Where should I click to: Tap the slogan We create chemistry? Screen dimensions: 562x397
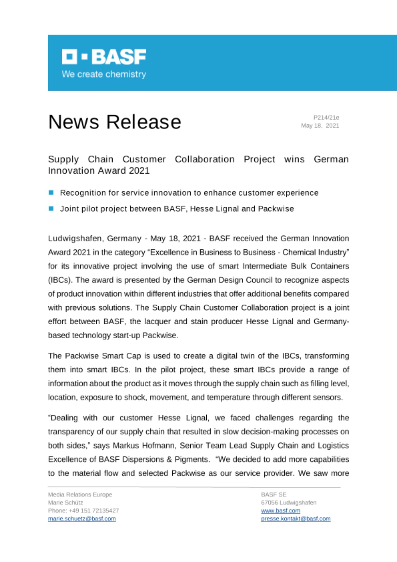pyautogui.click(x=104, y=74)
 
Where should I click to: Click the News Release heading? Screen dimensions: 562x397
pyautogui.click(x=115, y=122)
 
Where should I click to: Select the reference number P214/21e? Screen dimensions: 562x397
pyautogui.click(x=326, y=117)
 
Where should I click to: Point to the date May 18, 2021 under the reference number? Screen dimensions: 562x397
pyautogui.click(x=320, y=126)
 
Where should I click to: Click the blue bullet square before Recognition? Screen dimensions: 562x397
pyautogui.click(x=51, y=192)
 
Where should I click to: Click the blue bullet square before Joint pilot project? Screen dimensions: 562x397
pyautogui.click(x=51, y=209)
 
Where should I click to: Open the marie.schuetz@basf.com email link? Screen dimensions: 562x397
pyautogui.click(x=82, y=518)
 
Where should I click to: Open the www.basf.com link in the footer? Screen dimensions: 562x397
pyautogui.click(x=280, y=511)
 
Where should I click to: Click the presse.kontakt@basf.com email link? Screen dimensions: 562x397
pyautogui.click(x=296, y=518)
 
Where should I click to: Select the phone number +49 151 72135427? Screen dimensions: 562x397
pyautogui.click(x=94, y=510)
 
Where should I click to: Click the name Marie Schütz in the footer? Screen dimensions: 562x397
pyautogui.click(x=65, y=502)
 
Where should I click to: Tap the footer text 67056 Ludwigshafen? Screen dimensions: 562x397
pyautogui.click(x=289, y=502)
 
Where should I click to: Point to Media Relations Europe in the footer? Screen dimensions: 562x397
pyautogui.click(x=80, y=495)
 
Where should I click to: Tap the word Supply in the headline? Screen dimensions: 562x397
pyautogui.click(x=63, y=159)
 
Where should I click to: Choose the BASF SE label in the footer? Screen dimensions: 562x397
pyautogui.click(x=273, y=495)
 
